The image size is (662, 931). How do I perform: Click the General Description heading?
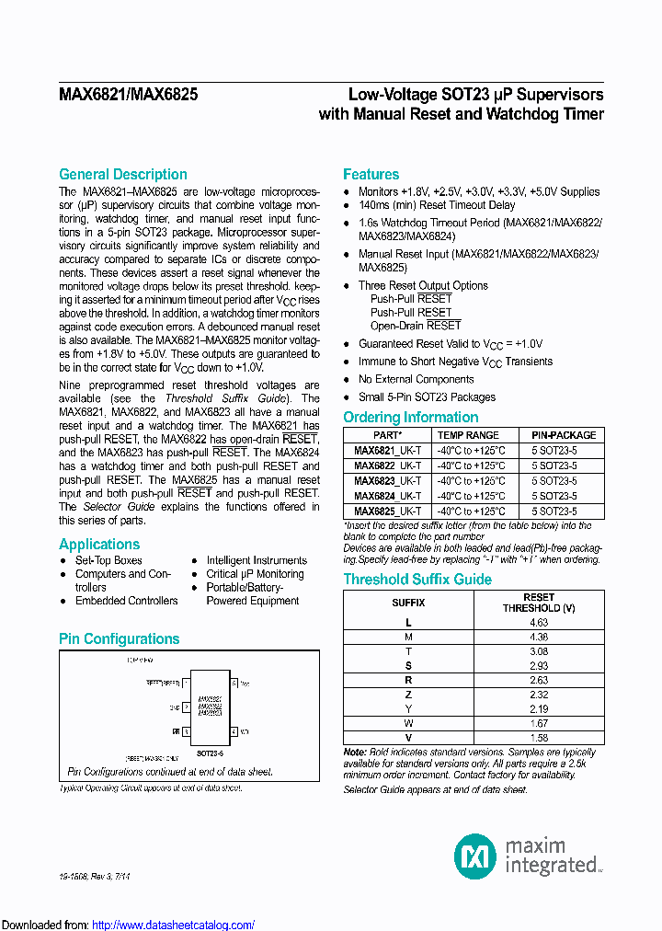(x=122, y=175)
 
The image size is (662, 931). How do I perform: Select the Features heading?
(x=371, y=175)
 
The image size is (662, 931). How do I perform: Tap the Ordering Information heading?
(x=410, y=418)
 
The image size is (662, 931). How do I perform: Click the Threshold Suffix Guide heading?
(x=417, y=580)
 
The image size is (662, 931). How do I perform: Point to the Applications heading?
(x=99, y=544)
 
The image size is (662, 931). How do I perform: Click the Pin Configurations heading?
(x=119, y=638)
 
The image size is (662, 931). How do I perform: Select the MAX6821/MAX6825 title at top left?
(x=128, y=94)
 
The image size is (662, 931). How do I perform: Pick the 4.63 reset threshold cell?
(x=539, y=623)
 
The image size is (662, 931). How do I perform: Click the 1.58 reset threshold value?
(x=539, y=738)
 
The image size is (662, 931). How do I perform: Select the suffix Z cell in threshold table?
(x=408, y=695)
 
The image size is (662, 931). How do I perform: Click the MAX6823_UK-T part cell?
(x=387, y=481)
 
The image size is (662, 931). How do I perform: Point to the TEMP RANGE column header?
(x=468, y=435)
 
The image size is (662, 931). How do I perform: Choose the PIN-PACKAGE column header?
(x=563, y=435)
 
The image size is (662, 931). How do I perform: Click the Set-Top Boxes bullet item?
(x=108, y=560)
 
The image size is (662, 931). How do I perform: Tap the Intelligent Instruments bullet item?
(x=257, y=560)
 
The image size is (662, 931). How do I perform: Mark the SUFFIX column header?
(x=408, y=602)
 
